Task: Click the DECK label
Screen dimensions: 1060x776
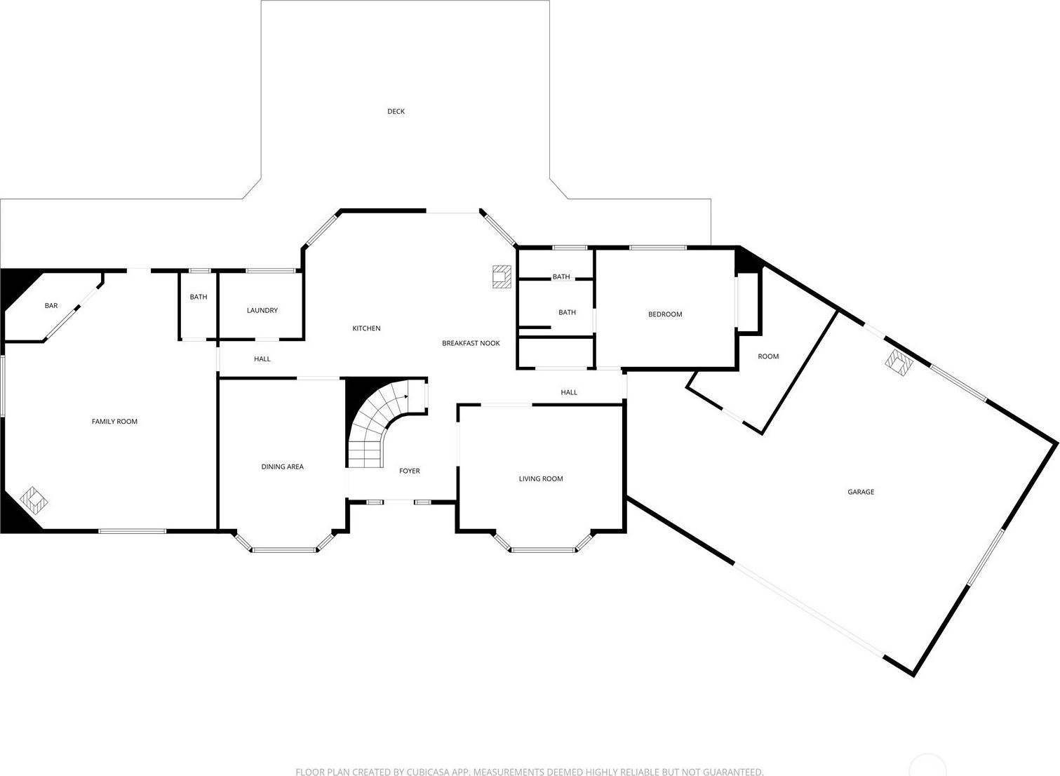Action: [x=396, y=111]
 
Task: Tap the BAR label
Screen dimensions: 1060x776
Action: [x=51, y=306]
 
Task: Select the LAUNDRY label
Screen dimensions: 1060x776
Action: [x=262, y=310]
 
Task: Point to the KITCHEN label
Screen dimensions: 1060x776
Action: [x=366, y=328]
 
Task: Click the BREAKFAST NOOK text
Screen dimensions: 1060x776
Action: [x=471, y=343]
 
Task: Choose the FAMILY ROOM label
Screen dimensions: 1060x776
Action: [x=114, y=422]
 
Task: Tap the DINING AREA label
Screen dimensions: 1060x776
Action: [x=283, y=467]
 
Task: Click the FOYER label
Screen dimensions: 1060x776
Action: [x=409, y=471]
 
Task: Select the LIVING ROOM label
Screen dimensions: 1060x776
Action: [x=541, y=479]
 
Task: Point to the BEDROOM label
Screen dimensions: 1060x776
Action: [x=665, y=314]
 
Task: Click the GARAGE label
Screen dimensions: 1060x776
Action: [x=861, y=492]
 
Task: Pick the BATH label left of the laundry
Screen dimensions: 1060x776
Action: [x=199, y=297]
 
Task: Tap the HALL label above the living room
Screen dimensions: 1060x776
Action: [x=569, y=392]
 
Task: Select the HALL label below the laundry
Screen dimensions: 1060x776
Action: [x=262, y=359]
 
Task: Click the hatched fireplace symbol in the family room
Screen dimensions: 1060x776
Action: [x=34, y=500]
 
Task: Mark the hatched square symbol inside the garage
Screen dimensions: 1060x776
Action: [x=899, y=363]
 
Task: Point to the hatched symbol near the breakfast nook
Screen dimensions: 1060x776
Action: [x=502, y=277]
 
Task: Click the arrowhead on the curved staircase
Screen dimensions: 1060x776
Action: [x=406, y=396]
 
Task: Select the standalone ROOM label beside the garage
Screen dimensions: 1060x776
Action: [x=768, y=356]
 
